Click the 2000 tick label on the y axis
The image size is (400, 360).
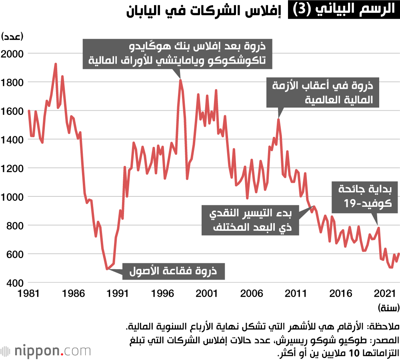[x=12, y=54]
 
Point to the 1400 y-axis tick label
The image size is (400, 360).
[x=12, y=140]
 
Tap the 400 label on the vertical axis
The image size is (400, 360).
[x=15, y=283]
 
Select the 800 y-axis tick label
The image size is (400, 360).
[x=15, y=226]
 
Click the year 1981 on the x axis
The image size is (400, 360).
[x=28, y=294]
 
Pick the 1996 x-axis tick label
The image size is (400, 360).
[x=162, y=294]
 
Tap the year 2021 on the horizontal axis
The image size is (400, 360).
[x=385, y=294]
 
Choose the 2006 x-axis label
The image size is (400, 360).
[x=252, y=294]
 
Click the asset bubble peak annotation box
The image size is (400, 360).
[x=174, y=271]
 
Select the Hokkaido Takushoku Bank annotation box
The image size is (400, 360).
[x=177, y=54]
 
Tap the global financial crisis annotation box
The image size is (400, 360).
[x=323, y=92]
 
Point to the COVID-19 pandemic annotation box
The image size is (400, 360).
[x=364, y=197]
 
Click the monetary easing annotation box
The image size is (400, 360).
[x=250, y=220]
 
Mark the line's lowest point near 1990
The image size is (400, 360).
[x=107, y=269]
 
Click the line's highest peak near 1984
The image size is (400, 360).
[x=56, y=64]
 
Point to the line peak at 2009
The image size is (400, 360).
[x=278, y=119]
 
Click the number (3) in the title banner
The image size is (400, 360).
[x=302, y=10]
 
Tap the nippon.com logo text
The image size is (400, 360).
[x=52, y=351]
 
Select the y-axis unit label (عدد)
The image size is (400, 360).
[x=12, y=36]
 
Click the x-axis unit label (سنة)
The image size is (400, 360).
[x=388, y=308]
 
